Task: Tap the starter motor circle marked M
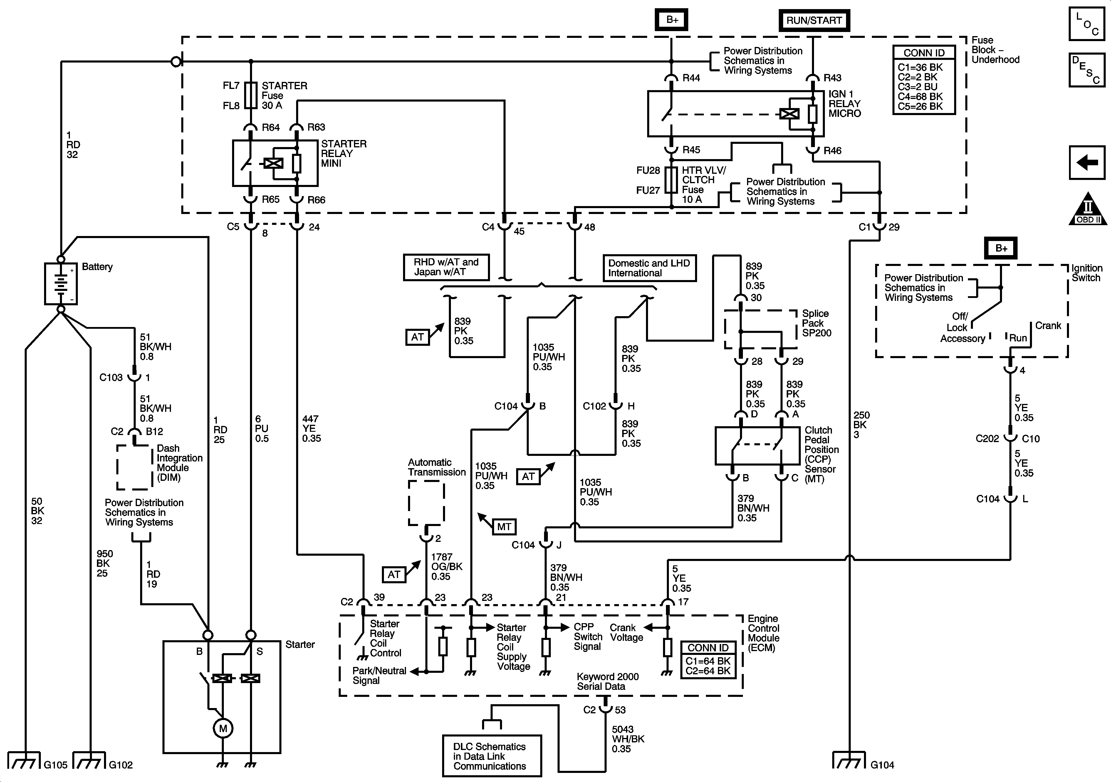[x=223, y=728]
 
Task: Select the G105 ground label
[x=56, y=765]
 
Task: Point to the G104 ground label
[x=882, y=765]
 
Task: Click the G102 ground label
[x=120, y=765]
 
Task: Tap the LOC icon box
[x=1087, y=24]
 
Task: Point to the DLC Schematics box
[x=492, y=756]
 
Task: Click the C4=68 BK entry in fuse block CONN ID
[x=920, y=97]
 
